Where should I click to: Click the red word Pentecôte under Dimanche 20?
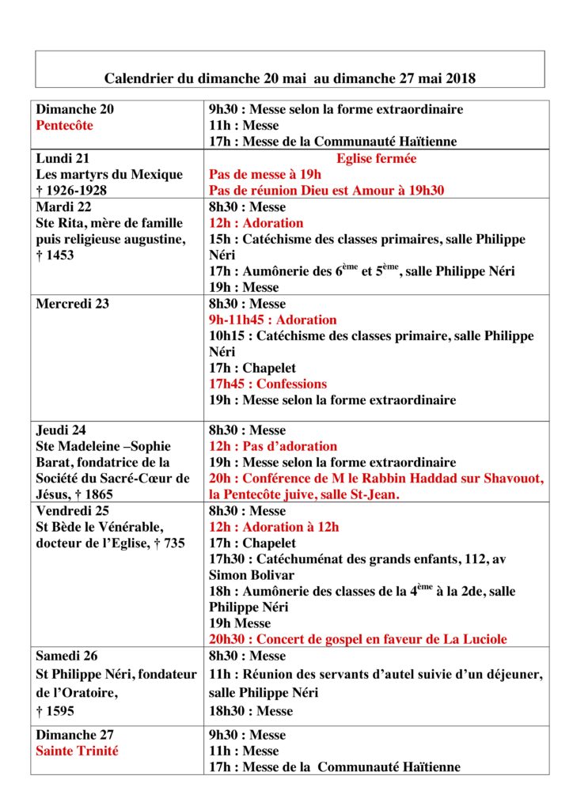pos(67,126)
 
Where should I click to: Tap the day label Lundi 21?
pos(62,158)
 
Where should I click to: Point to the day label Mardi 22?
pos(65,207)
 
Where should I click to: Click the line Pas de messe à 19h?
pos(265,174)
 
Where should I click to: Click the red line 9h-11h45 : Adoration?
pos(272,320)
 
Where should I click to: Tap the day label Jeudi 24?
pos(61,430)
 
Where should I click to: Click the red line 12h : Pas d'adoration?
pos(272,446)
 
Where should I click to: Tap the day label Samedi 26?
pos(67,656)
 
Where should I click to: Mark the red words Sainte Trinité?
pos(77,751)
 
